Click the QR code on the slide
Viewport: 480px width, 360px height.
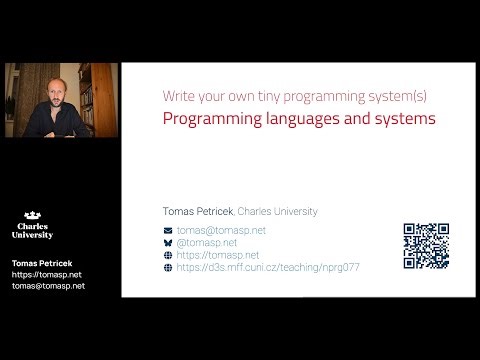(x=426, y=245)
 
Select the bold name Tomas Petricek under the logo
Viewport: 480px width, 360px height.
(x=41, y=263)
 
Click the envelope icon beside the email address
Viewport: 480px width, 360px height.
(x=168, y=230)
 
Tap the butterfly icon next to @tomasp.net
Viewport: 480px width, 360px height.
(x=168, y=243)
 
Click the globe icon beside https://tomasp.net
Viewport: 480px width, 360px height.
(x=168, y=255)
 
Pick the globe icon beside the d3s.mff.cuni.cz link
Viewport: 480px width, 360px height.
(x=168, y=268)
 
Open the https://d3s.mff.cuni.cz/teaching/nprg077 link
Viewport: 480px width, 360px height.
(x=268, y=268)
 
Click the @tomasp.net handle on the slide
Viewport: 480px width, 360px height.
(x=207, y=243)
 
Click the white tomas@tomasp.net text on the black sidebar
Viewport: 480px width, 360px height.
(x=48, y=285)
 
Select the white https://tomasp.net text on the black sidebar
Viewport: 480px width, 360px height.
(x=46, y=274)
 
